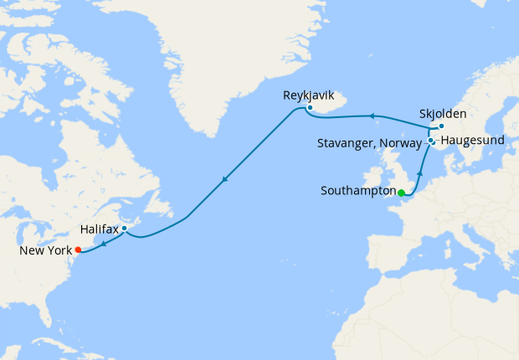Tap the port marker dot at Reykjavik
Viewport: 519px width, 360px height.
pyautogui.click(x=310, y=107)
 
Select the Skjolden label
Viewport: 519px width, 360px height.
pyautogui.click(x=443, y=113)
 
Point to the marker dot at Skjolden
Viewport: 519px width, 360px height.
pyautogui.click(x=441, y=126)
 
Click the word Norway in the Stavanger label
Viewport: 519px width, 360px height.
pyautogui.click(x=395, y=144)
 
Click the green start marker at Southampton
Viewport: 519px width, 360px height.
pyautogui.click(x=401, y=193)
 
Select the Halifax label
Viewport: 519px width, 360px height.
pyautogui.click(x=99, y=228)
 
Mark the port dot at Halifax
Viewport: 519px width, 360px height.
pyautogui.click(x=124, y=228)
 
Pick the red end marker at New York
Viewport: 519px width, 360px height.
pyautogui.click(x=78, y=249)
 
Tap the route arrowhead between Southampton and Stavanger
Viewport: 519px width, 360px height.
pyautogui.click(x=419, y=172)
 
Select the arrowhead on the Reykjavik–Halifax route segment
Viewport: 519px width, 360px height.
pyautogui.click(x=224, y=178)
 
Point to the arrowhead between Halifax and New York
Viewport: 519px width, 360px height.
pyautogui.click(x=103, y=244)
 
